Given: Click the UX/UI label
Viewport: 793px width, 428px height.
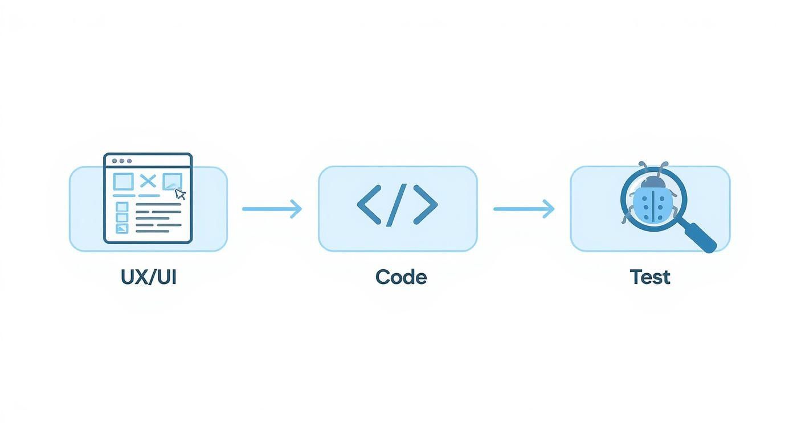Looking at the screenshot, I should pos(148,278).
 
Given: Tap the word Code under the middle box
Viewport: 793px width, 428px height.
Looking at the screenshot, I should pos(401,278).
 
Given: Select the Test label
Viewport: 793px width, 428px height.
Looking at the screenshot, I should pos(649,278).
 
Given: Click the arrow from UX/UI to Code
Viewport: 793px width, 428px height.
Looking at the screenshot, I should pos(272,209).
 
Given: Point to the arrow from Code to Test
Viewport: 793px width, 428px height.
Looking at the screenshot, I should pos(524,209).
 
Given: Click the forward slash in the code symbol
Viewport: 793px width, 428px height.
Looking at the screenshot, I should pos(397,204).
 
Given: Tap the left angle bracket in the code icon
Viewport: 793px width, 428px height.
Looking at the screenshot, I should pos(368,204).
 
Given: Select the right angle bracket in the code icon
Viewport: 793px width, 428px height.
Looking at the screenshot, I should pos(426,204).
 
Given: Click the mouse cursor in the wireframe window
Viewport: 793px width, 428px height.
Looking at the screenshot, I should pos(180,195).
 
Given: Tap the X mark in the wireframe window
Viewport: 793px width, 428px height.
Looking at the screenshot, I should pos(148,182).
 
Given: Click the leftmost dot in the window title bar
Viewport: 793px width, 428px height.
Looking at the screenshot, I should pos(114,162).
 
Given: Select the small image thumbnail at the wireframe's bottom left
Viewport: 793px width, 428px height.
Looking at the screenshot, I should pos(122,229).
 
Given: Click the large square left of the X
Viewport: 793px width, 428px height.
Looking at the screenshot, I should pos(123,182).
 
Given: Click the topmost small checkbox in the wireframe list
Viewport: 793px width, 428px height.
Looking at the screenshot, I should pos(122,207).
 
